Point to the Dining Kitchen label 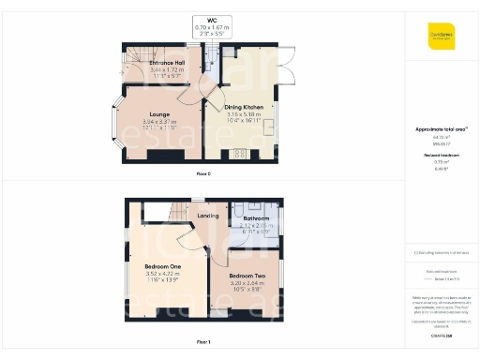point(242,108)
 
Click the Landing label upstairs point(207,216)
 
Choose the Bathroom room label point(256,219)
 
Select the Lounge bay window point(119,121)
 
